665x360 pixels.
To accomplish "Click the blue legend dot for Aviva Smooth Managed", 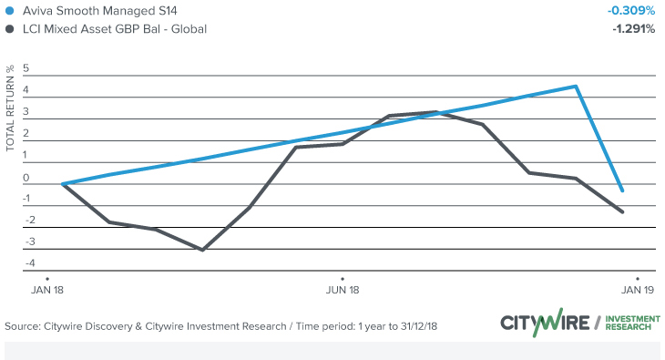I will pos(9,11).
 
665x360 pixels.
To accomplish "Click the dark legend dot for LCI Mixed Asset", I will pos(9,29).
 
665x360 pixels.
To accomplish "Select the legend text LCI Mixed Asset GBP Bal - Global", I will pos(115,29).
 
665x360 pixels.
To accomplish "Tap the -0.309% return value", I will pos(631,11).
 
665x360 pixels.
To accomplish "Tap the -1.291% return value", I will pos(632,29).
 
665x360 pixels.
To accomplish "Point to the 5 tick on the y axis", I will pos(26,69).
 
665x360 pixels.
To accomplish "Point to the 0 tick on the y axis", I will pos(26,178).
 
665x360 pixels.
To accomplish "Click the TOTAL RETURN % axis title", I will pos(10,108).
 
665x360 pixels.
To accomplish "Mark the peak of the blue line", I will pos(576,87).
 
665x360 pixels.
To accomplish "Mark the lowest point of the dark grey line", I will pos(202,250).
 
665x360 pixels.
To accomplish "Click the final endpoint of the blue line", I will pos(622,190).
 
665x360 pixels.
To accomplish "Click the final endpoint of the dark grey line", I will pos(622,212).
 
